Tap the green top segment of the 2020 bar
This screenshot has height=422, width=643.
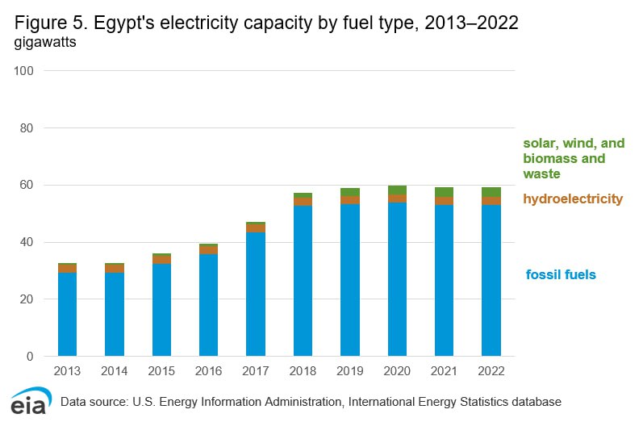[x=397, y=190]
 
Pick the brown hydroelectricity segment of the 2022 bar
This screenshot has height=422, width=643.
[x=491, y=201]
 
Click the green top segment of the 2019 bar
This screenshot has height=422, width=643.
[x=349, y=192]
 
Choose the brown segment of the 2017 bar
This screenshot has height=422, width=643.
[x=256, y=228]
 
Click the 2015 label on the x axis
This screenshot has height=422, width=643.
[x=161, y=371]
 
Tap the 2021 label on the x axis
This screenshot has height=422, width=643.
[x=444, y=371]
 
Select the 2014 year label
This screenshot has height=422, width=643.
[x=114, y=371]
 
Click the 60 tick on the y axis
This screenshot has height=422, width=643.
[x=27, y=186]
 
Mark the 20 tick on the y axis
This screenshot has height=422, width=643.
[x=27, y=299]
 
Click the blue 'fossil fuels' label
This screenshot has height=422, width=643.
[x=561, y=275]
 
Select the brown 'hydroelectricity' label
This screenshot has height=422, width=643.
[x=573, y=198]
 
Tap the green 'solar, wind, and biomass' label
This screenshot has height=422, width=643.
[x=574, y=158]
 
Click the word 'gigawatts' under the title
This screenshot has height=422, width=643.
[x=45, y=43]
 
